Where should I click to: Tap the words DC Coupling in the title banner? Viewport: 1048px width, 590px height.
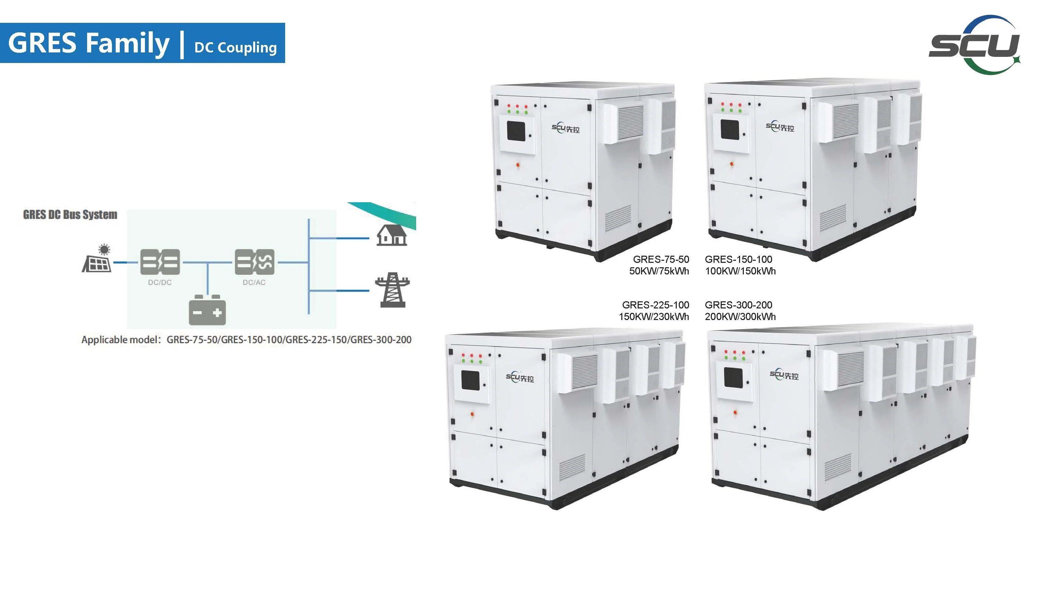235,48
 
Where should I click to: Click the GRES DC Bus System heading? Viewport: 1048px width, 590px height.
70,214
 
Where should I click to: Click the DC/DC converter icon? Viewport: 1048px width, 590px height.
160,262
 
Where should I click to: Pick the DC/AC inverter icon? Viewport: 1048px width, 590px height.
255,262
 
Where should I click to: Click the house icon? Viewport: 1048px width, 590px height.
391,235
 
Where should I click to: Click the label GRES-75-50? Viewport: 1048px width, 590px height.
661,259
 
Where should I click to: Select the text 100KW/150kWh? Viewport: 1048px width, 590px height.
740,271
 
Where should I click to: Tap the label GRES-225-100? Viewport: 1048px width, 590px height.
655,305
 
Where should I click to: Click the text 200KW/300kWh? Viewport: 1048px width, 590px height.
740,317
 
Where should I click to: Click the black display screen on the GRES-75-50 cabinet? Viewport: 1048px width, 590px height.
515,131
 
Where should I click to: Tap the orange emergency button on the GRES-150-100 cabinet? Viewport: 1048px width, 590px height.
732,164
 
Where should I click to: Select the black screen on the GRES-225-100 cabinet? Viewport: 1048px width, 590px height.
470,380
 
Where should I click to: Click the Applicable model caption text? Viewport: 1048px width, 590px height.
246,339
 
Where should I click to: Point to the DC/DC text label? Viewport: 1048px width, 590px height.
160,283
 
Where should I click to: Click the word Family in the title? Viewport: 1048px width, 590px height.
127,43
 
